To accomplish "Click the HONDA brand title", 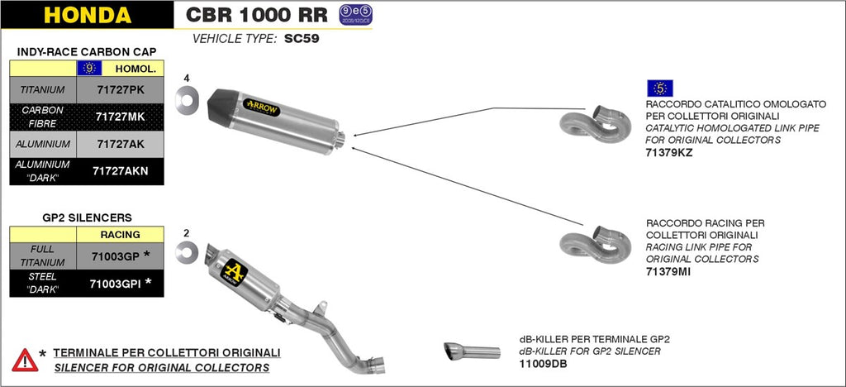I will pyautogui.click(x=87, y=15).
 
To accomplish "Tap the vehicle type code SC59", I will pyautogui.click(x=303, y=38).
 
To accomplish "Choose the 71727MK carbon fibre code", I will pyautogui.click(x=120, y=117).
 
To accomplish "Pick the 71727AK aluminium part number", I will pyautogui.click(x=120, y=144).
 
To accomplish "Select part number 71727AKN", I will pyautogui.click(x=120, y=171).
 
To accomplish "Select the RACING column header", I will pyautogui.click(x=120, y=234).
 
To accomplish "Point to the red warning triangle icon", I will pyautogui.click(x=25, y=360).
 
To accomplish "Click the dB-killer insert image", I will pyautogui.click(x=471, y=351).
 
